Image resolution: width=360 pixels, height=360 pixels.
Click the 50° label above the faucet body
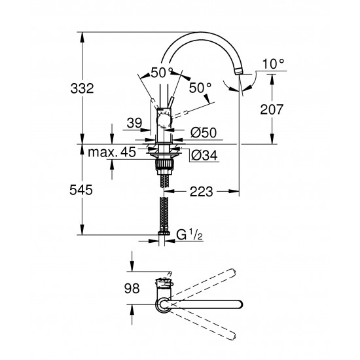click(160, 72)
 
